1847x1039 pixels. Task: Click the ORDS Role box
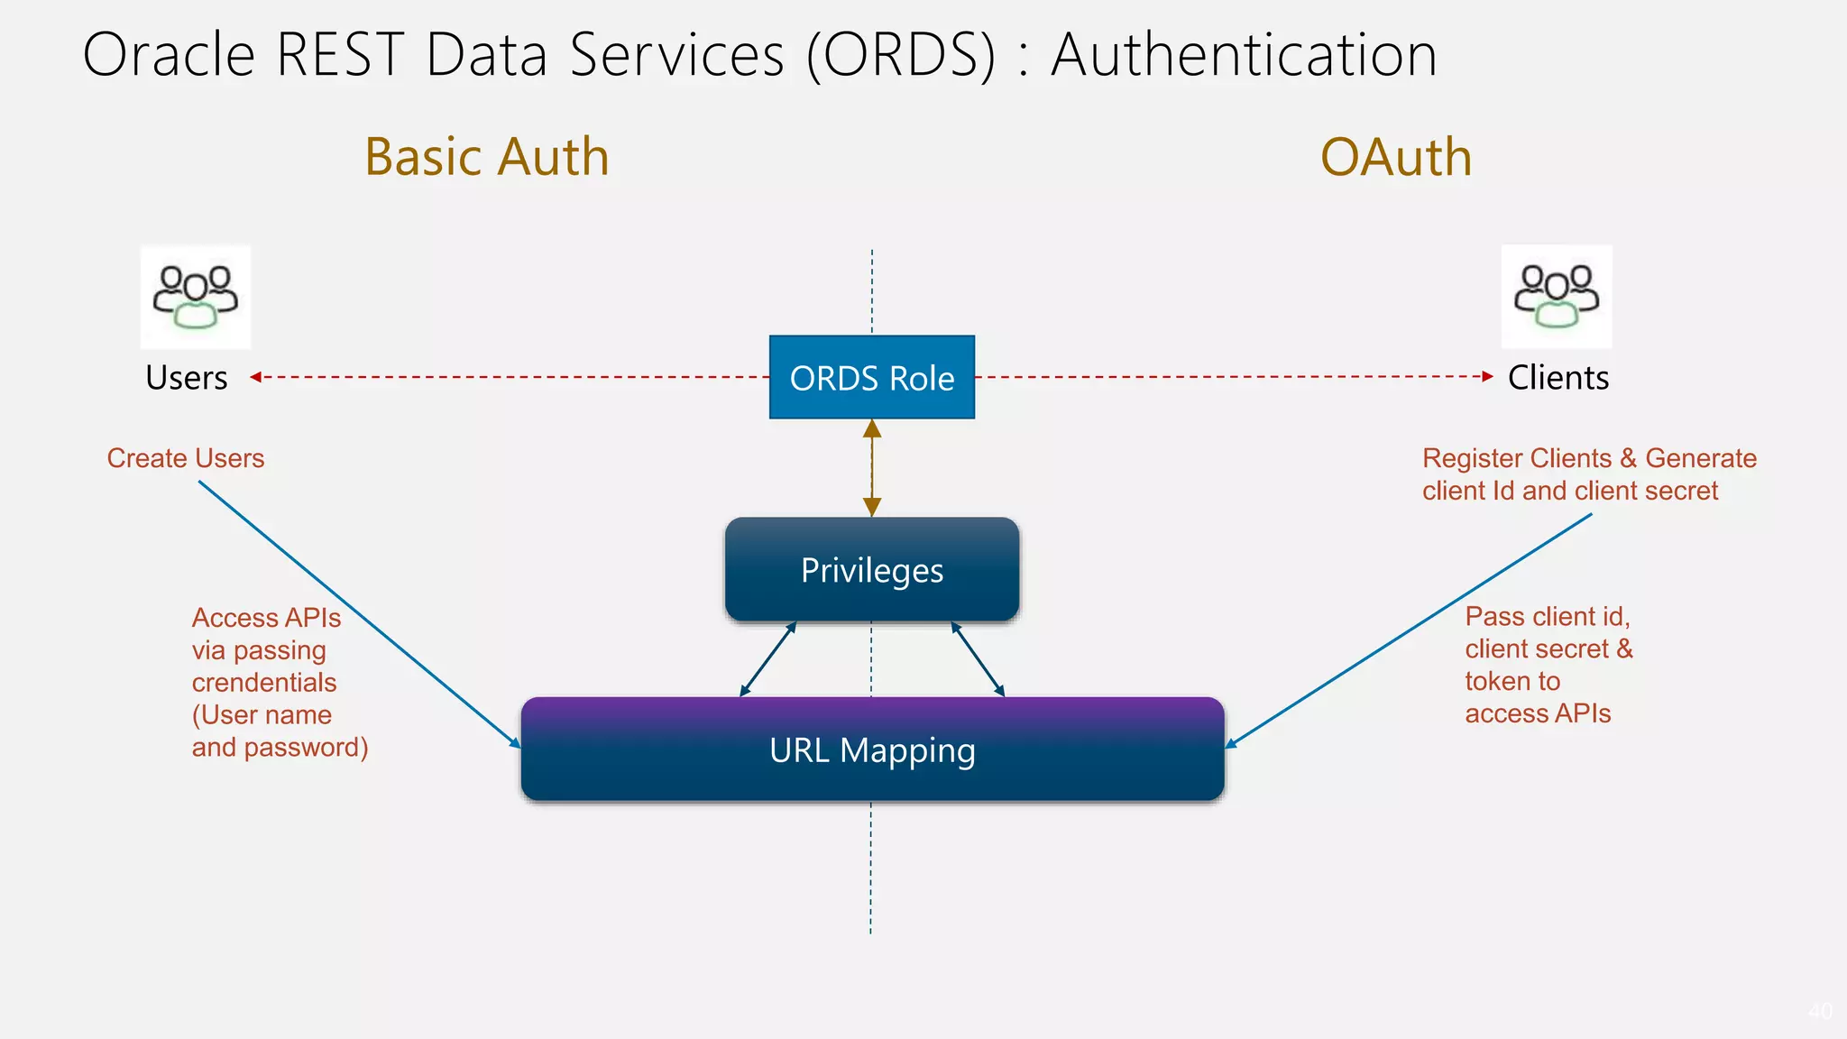tap(871, 377)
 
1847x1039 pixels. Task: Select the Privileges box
tap(871, 570)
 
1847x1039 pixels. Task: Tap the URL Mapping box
tap(871, 749)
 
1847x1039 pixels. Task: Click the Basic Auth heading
tap(487, 157)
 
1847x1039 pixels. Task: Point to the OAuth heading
tap(1395, 157)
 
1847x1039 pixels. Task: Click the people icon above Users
tap(196, 297)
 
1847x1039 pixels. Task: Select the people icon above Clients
tap(1557, 297)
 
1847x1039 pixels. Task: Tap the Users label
tap(187, 377)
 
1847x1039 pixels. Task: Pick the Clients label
tap(1558, 377)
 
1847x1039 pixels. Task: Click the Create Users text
tap(186, 458)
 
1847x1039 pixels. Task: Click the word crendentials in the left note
tap(264, 683)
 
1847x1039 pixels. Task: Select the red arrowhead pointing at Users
tap(256, 377)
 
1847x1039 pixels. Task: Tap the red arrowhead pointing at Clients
tap(1487, 377)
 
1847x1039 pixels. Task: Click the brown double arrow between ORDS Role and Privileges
tap(871, 468)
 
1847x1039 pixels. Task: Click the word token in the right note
tap(1497, 681)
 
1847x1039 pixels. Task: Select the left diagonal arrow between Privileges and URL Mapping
tap(767, 659)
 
